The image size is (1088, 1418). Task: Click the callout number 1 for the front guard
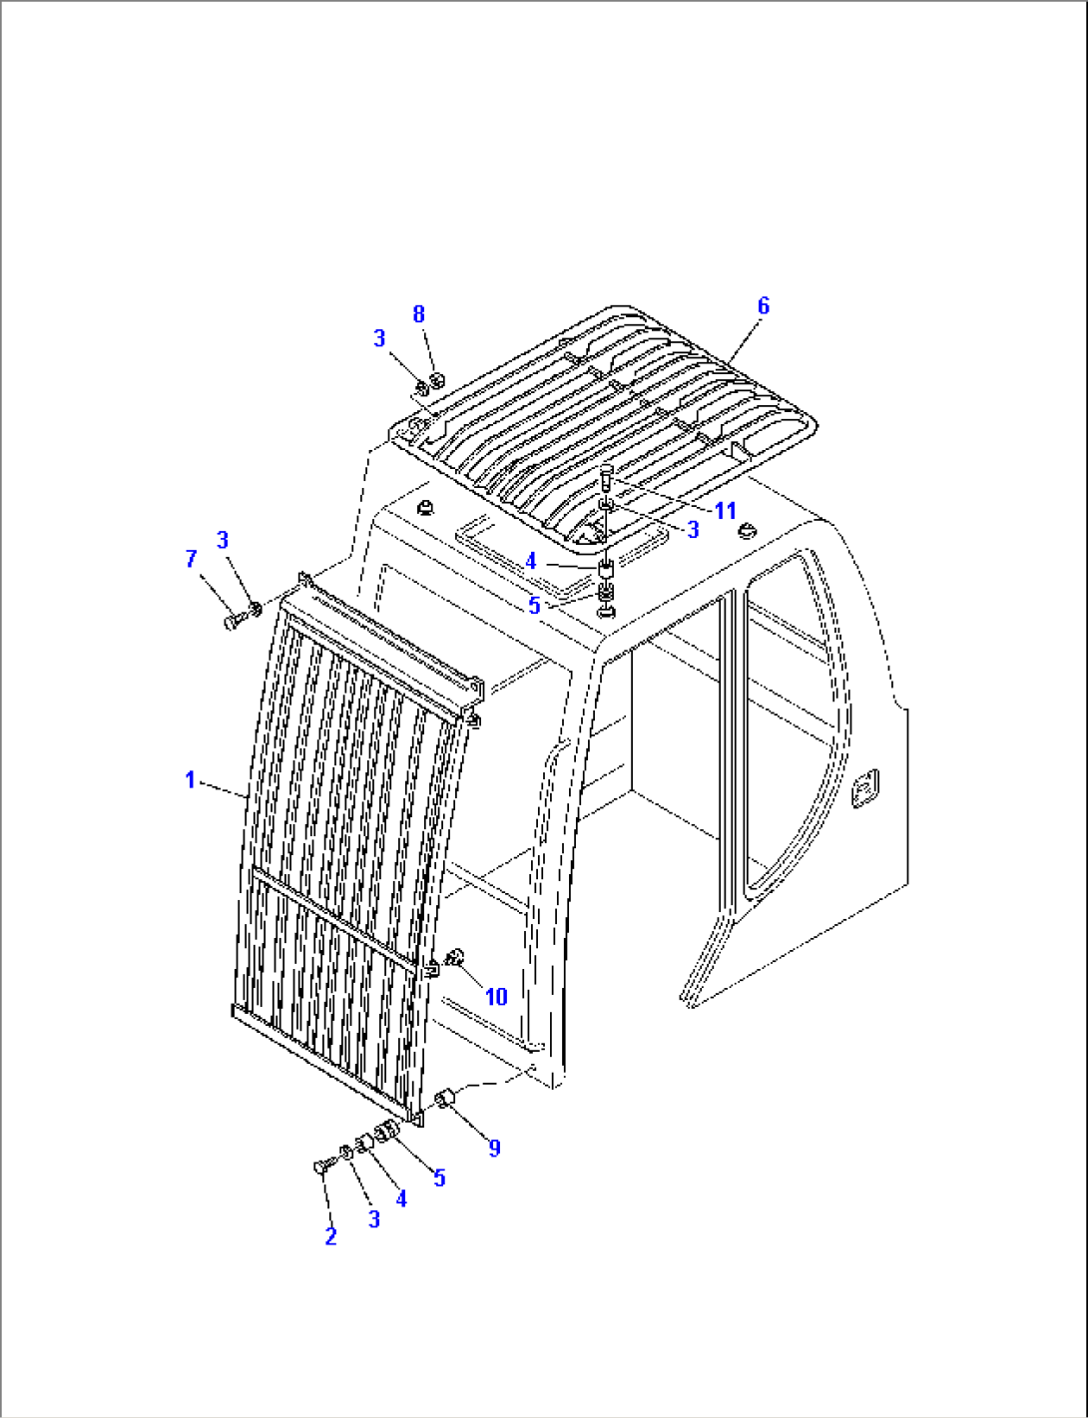click(x=191, y=779)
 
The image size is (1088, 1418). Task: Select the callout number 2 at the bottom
click(x=330, y=1236)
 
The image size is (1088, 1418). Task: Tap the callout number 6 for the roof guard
click(x=764, y=305)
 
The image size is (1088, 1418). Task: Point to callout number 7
click(x=192, y=560)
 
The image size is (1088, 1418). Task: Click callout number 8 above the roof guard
click(x=419, y=314)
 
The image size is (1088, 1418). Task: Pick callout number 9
click(x=494, y=1149)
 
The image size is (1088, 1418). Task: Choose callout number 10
click(x=496, y=996)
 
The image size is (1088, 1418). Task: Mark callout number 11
click(x=725, y=511)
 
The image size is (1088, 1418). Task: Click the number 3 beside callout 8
click(x=379, y=339)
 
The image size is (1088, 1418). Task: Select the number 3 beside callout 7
click(x=223, y=540)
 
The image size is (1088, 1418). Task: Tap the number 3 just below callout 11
click(x=693, y=530)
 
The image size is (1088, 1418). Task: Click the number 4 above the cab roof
click(x=531, y=562)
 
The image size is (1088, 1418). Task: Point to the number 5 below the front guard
click(x=439, y=1178)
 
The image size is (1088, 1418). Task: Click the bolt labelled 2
click(x=321, y=1167)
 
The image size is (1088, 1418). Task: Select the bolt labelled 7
click(x=233, y=622)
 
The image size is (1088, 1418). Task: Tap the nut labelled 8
click(x=435, y=380)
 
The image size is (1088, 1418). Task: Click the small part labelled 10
click(x=458, y=959)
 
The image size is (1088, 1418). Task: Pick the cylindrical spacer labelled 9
click(x=446, y=1099)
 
